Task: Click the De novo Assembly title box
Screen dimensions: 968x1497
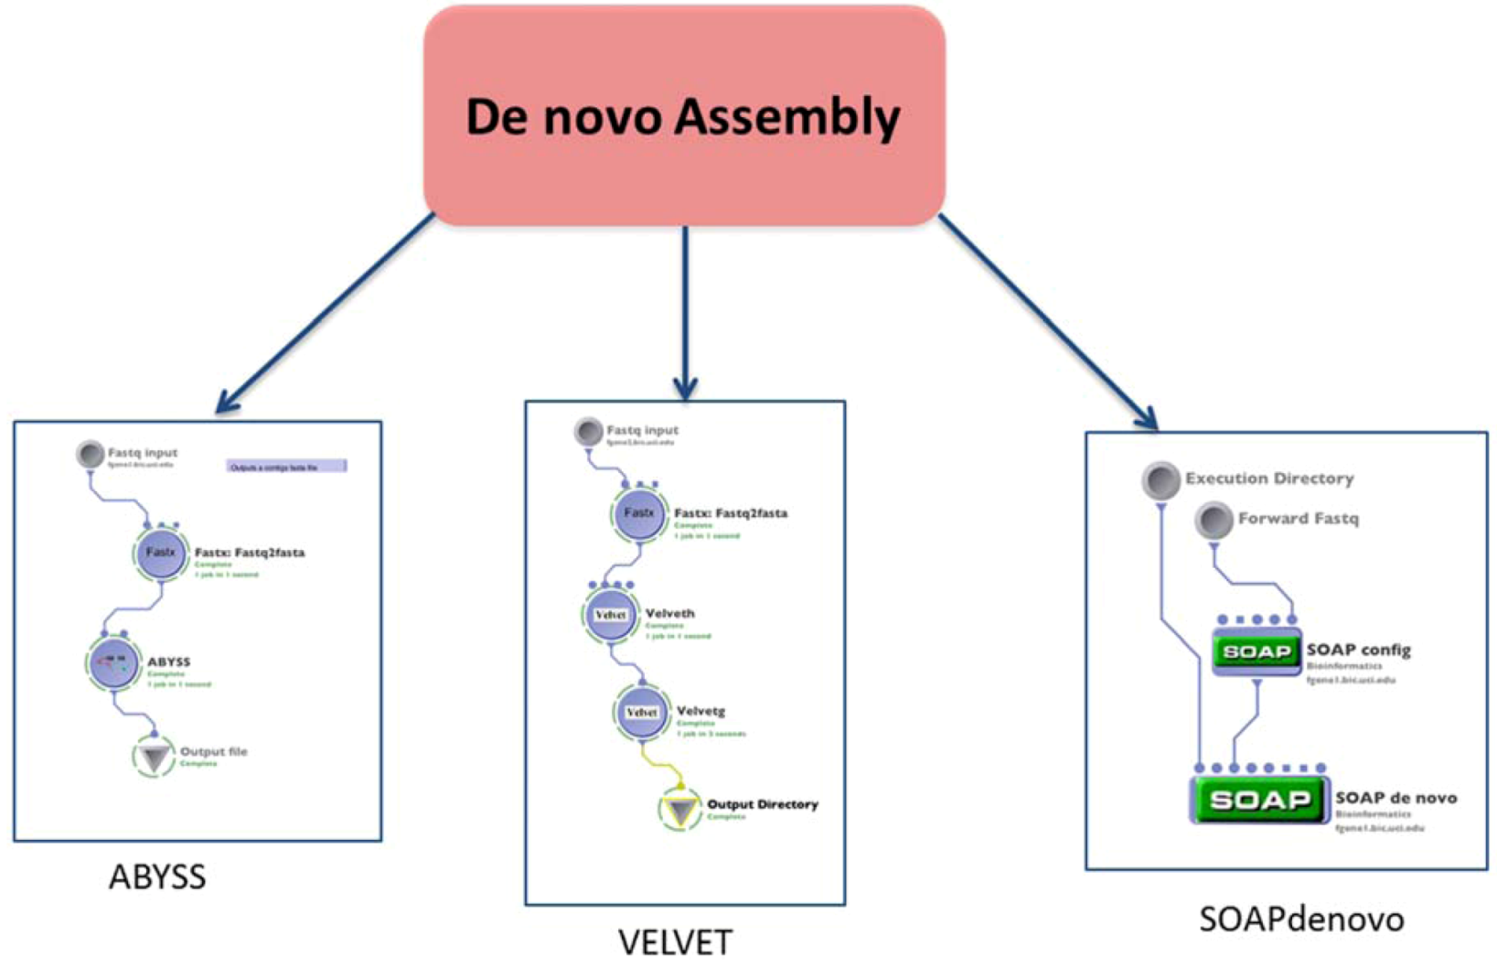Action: [684, 116]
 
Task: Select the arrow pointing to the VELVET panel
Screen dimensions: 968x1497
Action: [685, 311]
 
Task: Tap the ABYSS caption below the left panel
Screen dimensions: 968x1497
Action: [157, 877]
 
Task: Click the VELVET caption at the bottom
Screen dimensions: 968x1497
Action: [675, 941]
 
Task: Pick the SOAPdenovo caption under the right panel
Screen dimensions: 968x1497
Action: [1300, 919]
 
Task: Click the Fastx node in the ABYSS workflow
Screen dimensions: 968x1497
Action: [161, 553]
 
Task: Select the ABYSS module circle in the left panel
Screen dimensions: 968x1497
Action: [114, 663]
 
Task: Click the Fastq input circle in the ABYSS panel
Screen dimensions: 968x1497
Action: [90, 454]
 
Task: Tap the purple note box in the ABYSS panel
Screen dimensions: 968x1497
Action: [286, 467]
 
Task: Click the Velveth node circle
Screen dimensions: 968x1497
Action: [610, 615]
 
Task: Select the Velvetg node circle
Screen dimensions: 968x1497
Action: [641, 712]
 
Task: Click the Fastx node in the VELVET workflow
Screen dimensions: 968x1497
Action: [638, 513]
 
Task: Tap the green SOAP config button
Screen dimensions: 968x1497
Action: [1256, 651]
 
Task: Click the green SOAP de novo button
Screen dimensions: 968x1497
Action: [1259, 800]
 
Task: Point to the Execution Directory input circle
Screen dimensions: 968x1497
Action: [1160, 479]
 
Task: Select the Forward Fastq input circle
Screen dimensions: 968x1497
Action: [1214, 520]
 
